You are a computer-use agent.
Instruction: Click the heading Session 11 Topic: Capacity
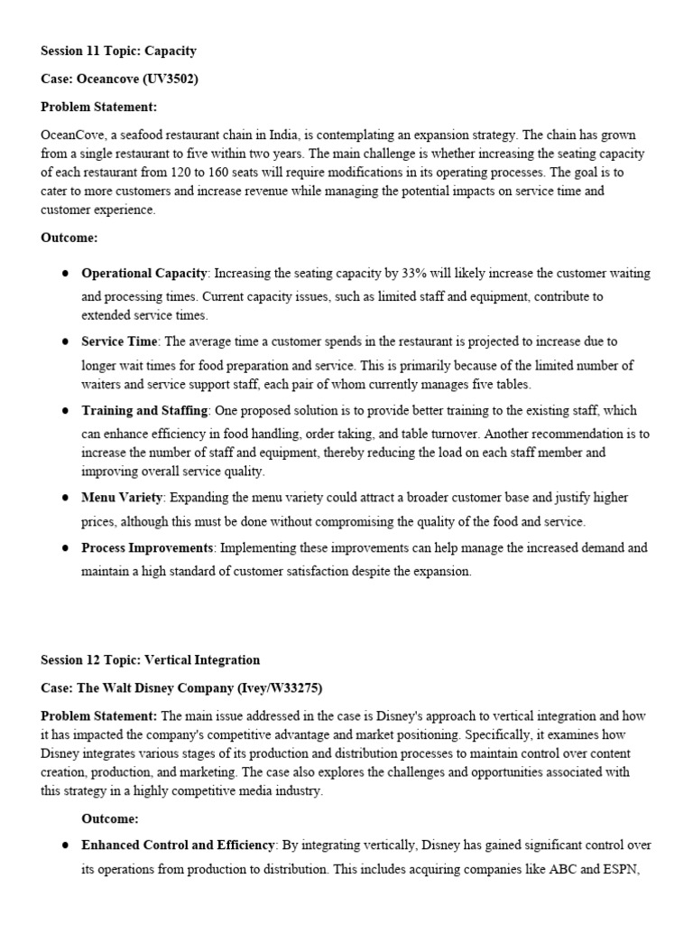[118, 51]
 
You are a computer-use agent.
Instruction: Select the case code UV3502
[171, 79]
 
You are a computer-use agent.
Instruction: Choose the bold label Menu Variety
[123, 498]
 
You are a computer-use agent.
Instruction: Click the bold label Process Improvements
[148, 548]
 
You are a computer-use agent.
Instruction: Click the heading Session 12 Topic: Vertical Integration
[150, 660]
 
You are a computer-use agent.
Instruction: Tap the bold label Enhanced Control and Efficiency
[178, 846]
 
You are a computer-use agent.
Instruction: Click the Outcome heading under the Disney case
[110, 818]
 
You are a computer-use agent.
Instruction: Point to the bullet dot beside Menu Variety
[66, 498]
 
